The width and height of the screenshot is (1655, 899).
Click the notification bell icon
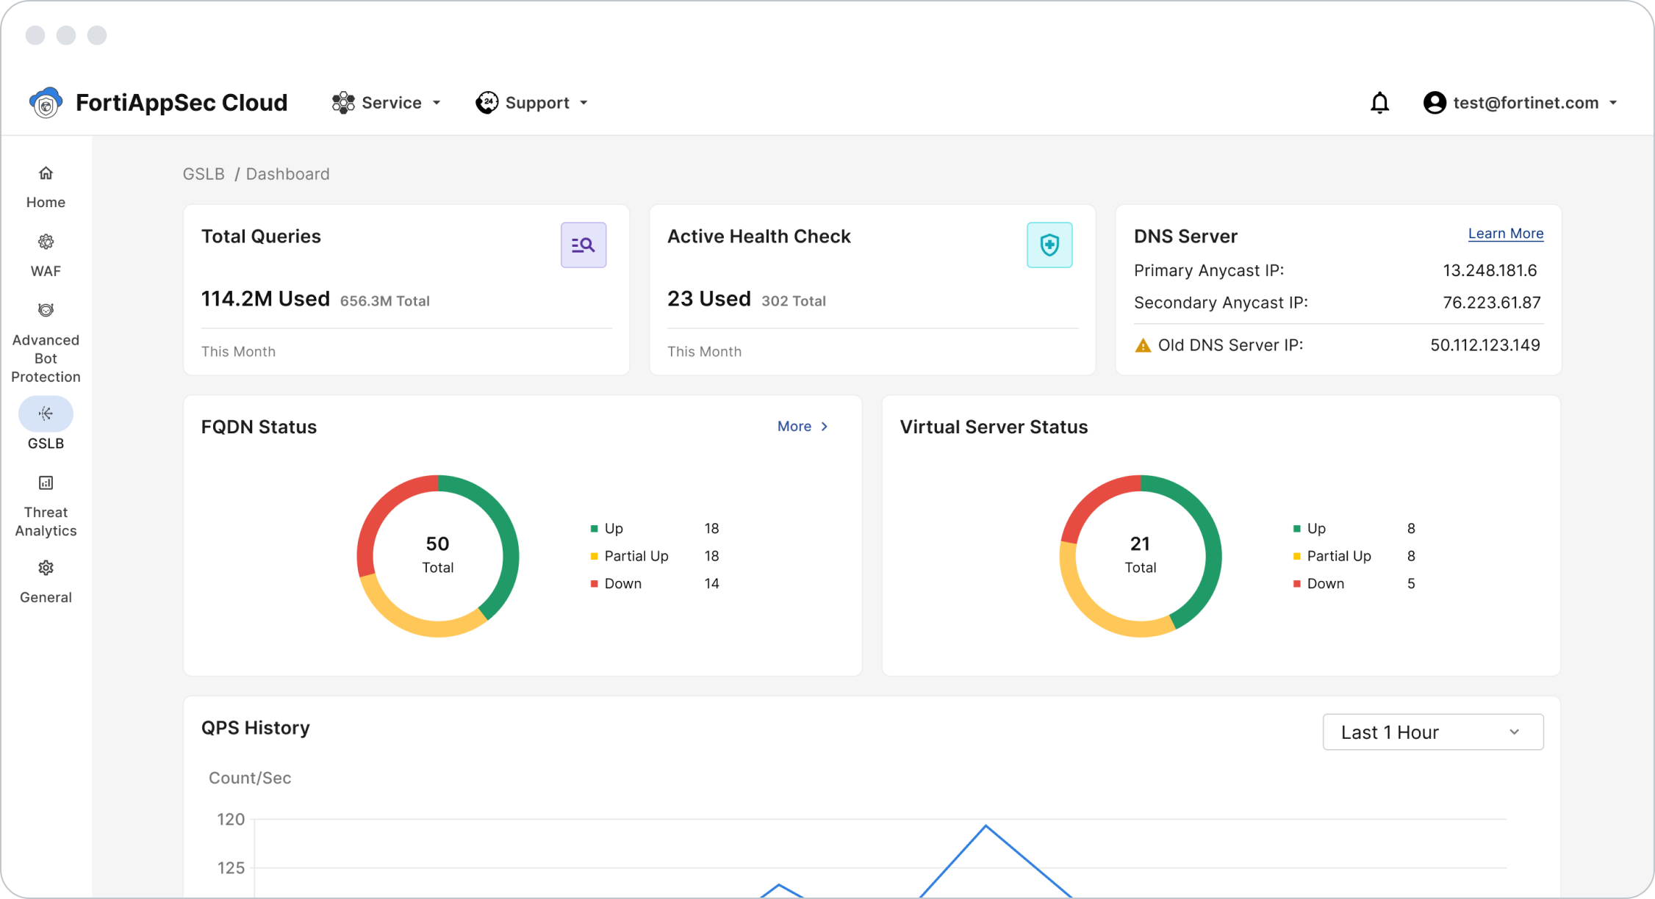click(1379, 103)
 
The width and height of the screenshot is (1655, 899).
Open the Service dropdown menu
click(387, 103)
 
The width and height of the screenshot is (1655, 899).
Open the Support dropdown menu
click(532, 103)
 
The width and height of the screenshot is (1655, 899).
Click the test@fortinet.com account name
click(1526, 103)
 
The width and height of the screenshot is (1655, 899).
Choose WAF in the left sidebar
click(46, 255)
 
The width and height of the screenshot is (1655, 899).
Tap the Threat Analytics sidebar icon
click(46, 483)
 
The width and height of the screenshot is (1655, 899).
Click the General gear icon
click(46, 568)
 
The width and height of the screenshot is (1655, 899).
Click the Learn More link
click(1505, 234)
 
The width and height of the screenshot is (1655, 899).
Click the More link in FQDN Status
click(802, 427)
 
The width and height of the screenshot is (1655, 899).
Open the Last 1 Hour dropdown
click(1432, 732)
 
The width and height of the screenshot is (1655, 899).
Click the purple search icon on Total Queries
click(584, 245)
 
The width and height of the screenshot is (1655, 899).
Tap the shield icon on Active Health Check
click(1049, 245)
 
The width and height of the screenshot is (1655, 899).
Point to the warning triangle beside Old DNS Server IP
click(1143, 345)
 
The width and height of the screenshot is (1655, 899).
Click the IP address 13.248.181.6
click(1489, 270)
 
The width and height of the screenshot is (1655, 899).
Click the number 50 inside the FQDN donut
click(437, 544)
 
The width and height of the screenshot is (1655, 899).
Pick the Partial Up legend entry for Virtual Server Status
click(1338, 556)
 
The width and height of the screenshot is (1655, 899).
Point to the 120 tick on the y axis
click(231, 819)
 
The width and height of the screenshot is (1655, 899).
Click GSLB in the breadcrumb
click(204, 174)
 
